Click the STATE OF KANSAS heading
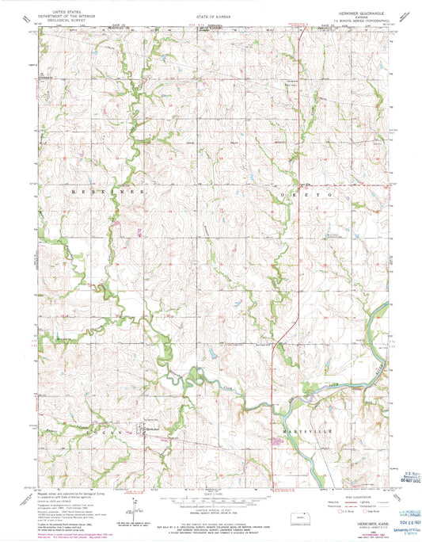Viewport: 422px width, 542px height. pos(211,15)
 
